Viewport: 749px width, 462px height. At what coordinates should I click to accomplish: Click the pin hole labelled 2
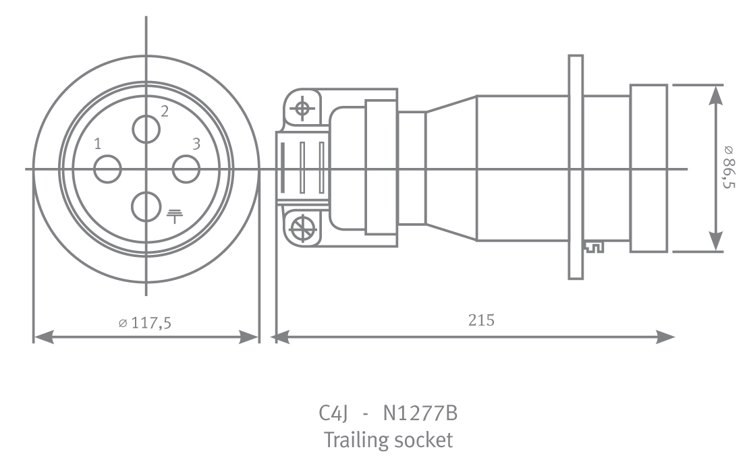coord(146,129)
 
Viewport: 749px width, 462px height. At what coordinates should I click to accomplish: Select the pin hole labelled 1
coord(107,169)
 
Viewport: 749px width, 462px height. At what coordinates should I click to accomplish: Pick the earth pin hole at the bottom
coord(146,207)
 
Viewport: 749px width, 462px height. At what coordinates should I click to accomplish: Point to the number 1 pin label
coord(99,144)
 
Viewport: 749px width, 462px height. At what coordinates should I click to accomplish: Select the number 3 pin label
coord(196,144)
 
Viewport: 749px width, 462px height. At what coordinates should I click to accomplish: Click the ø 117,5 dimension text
coord(144,323)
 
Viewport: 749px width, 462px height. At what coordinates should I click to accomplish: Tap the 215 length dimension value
coord(481,320)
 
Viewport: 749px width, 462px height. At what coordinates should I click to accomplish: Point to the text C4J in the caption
coord(333,413)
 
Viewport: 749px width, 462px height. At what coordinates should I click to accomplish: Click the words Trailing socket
coord(388,440)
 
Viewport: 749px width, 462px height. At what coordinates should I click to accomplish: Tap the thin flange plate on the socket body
coord(575,168)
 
